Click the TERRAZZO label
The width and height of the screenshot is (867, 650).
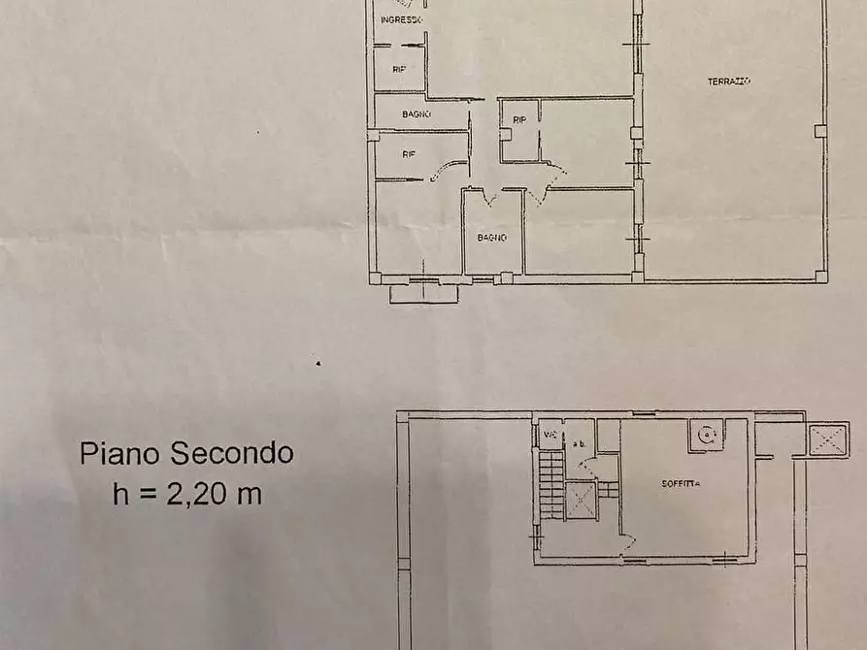tap(729, 81)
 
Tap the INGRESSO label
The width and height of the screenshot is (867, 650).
tap(400, 19)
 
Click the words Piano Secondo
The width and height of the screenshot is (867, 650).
tap(186, 453)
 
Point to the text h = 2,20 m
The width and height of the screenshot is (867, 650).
tap(186, 494)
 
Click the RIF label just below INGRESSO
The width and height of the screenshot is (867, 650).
tap(398, 70)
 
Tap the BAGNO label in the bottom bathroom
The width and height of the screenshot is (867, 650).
tap(490, 236)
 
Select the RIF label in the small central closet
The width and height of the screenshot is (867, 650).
tap(519, 120)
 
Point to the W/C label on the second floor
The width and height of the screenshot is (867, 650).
tap(550, 434)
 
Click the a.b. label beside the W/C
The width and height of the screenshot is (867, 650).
tap(580, 442)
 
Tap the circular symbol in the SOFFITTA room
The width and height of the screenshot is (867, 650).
tap(705, 435)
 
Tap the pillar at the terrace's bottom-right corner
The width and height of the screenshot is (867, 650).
tap(821, 276)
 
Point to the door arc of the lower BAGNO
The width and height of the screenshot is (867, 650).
tap(487, 198)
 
